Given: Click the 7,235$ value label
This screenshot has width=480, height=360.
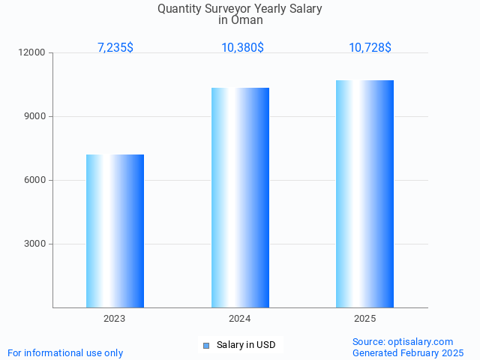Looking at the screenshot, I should point(115,47).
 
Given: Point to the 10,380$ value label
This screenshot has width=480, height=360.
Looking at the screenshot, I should point(242,47).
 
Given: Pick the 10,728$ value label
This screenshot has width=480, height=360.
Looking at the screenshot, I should point(370,47).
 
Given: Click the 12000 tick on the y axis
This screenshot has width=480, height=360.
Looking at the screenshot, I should point(32,52).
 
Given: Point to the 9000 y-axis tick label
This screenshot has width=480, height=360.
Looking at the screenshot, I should point(34,116).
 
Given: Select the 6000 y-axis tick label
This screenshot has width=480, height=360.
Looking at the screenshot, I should point(34,180).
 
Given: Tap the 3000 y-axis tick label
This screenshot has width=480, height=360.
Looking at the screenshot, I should point(34,244).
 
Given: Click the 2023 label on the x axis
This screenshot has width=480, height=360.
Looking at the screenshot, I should point(115,319).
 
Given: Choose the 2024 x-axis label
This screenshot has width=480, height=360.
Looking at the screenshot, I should point(240,319).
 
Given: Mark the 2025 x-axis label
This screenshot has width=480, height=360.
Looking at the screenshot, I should point(364,319).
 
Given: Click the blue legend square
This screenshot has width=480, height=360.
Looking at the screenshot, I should point(206,345).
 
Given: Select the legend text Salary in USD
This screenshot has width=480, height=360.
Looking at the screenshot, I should point(246,345).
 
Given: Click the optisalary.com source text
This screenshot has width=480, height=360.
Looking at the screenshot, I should point(403,341).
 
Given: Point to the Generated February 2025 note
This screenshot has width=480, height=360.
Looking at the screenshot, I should point(408,352).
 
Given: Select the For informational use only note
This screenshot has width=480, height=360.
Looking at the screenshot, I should point(65,352).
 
